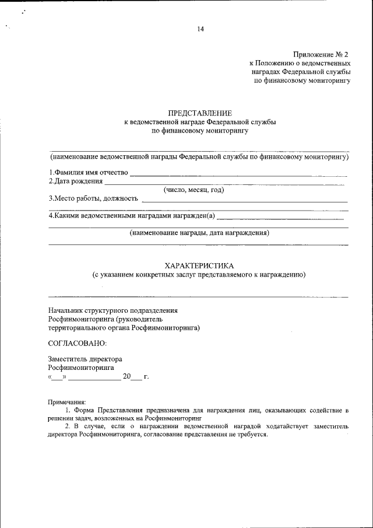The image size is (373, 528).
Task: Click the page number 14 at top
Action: point(200,29)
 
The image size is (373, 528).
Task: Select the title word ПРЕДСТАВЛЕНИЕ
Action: point(200,113)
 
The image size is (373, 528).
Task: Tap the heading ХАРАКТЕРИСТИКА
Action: point(199,265)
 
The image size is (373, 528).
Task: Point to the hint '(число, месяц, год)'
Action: point(194,190)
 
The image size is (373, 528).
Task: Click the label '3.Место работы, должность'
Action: point(93,199)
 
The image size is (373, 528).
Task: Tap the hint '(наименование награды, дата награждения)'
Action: point(199,232)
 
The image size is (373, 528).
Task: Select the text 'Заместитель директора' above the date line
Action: point(85,359)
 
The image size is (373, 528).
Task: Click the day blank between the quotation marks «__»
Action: point(57,377)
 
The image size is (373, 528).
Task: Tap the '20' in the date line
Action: point(126,377)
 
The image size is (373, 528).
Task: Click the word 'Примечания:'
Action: point(66,403)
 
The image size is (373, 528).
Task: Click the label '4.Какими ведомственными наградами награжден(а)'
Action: point(132,216)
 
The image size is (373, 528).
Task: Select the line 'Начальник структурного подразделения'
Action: point(112,310)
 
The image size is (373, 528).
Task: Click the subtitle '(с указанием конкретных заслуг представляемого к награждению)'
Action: point(199,274)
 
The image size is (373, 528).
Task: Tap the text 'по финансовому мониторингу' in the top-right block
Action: point(302,81)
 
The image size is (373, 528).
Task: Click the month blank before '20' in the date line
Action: point(94,377)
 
